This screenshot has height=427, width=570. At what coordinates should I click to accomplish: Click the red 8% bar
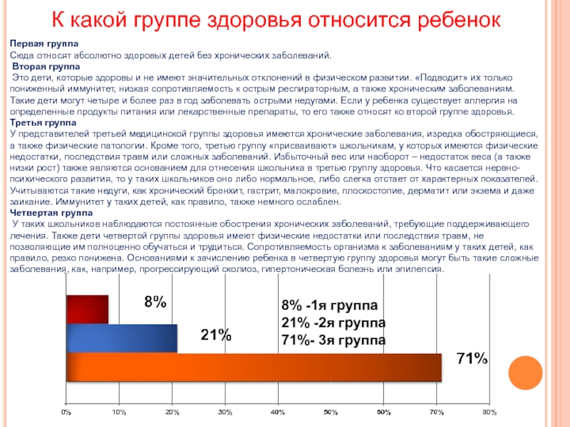[87, 310]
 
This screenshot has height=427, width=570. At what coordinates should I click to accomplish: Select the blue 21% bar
[121, 338]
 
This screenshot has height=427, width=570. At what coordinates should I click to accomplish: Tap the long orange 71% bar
[253, 367]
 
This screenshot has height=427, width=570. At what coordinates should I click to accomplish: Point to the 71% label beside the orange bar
[472, 359]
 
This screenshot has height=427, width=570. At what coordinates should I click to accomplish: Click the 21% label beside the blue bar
[215, 334]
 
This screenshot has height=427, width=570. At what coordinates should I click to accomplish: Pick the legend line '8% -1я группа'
[331, 306]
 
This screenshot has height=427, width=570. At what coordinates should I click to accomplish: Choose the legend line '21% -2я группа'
[333, 323]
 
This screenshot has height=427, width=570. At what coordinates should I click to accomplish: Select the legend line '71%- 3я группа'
[333, 340]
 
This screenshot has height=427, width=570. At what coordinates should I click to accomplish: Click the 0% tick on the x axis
[66, 412]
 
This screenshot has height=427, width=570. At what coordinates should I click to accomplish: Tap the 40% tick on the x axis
[278, 412]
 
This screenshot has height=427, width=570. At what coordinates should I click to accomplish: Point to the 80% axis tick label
[489, 412]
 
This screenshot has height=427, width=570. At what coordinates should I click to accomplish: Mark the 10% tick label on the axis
[119, 412]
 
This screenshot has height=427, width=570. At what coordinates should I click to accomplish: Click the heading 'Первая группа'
[38, 44]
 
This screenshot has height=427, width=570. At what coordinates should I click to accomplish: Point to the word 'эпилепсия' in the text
[420, 270]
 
